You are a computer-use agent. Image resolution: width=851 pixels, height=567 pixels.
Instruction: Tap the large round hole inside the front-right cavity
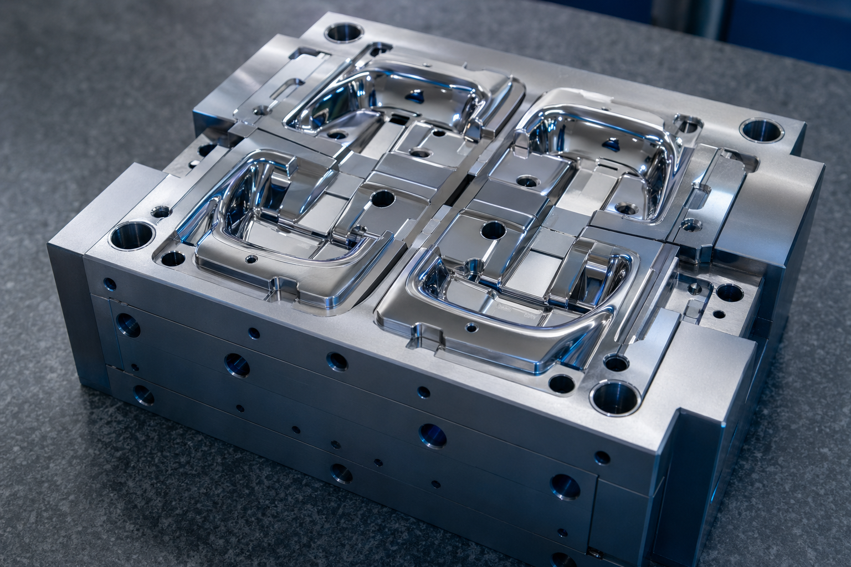click(x=490, y=228)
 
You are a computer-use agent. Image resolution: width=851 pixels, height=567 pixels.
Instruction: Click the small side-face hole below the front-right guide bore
click(x=601, y=457)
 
